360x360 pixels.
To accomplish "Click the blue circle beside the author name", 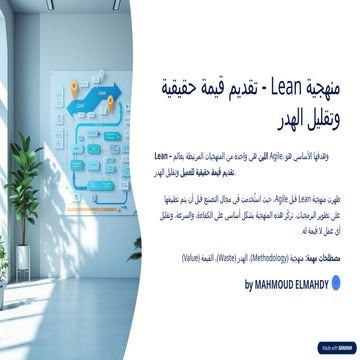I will click(x=342, y=286).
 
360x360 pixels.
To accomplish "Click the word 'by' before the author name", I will click(x=249, y=286).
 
